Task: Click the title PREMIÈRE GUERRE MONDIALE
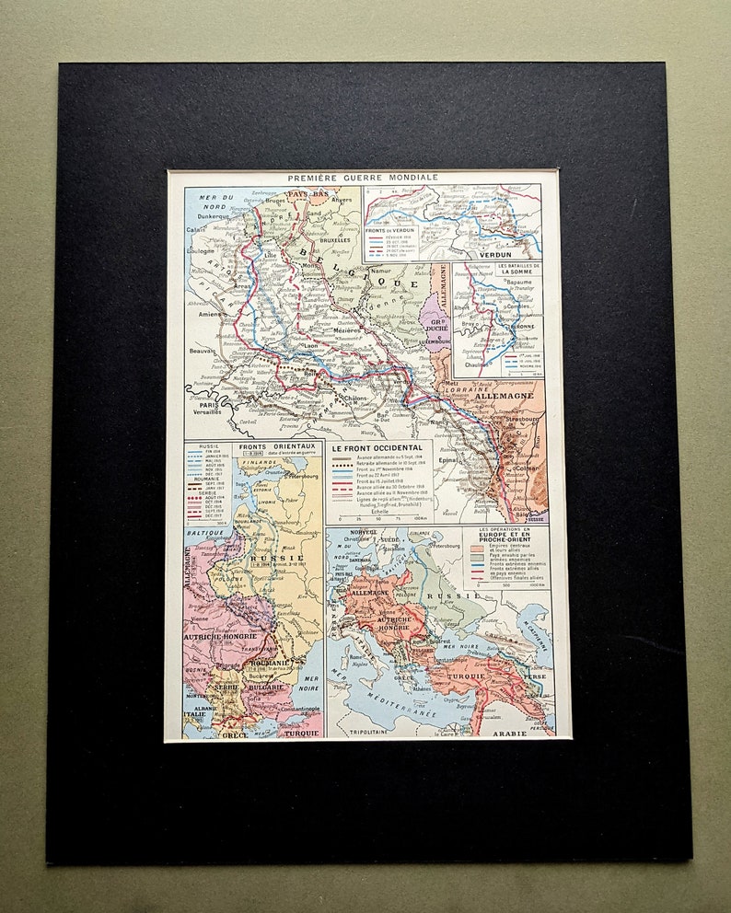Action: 363,178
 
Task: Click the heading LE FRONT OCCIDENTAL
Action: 378,448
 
